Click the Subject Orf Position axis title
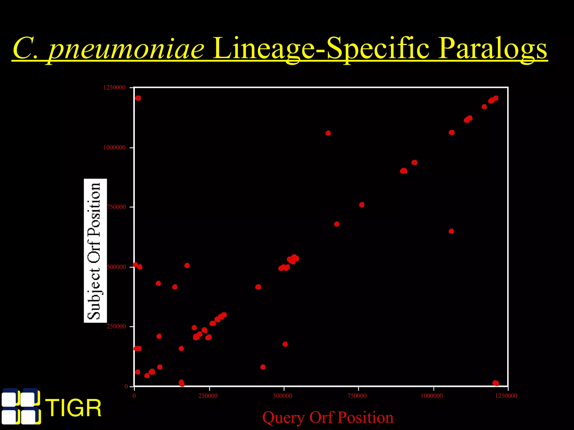pyautogui.click(x=95, y=251)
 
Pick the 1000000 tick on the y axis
pyautogui.click(x=114, y=148)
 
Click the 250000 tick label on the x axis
pyautogui.click(x=208, y=396)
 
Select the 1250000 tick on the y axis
pyautogui.click(x=114, y=88)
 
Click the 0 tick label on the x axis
pyautogui.click(x=134, y=396)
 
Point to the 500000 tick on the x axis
pyautogui.click(x=283, y=396)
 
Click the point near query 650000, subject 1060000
pyautogui.click(x=328, y=133)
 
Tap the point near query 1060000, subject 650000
pyautogui.click(x=451, y=231)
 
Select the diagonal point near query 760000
pyautogui.click(x=362, y=205)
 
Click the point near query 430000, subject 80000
pyautogui.click(x=263, y=367)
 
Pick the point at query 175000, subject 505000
pyautogui.click(x=187, y=265)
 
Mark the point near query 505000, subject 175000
pyautogui.click(x=285, y=344)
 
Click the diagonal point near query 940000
pyautogui.click(x=415, y=163)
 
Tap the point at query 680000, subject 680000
pyautogui.click(x=337, y=224)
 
